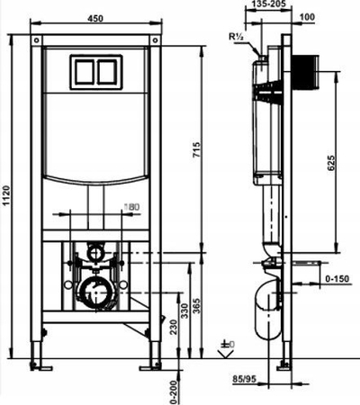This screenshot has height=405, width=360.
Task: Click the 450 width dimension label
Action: [95, 19]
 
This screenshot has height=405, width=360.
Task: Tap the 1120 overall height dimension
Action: [6, 195]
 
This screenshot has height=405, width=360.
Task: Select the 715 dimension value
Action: [197, 149]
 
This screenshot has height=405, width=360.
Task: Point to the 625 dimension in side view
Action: [330, 163]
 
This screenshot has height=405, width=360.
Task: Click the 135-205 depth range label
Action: [268, 4]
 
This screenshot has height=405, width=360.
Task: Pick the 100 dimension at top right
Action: [307, 17]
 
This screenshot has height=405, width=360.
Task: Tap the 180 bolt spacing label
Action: [131, 206]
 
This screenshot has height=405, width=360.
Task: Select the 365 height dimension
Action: [197, 306]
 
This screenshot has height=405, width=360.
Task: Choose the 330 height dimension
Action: [185, 310]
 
